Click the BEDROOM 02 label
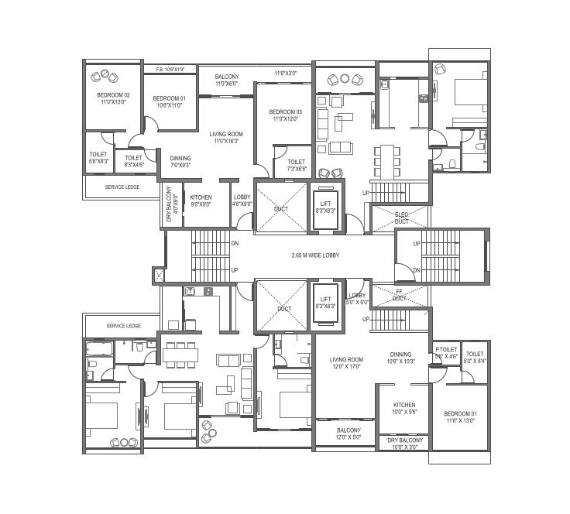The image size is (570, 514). click(x=112, y=98)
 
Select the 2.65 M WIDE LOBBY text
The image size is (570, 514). click(x=315, y=255)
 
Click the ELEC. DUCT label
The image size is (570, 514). click(x=401, y=218)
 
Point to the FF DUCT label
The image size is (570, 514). click(x=399, y=294)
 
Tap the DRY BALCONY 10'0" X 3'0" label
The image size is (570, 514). click(x=403, y=444)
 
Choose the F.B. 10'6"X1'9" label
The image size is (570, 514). click(x=170, y=70)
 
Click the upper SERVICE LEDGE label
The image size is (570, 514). click(x=122, y=187)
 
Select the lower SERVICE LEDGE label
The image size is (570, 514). click(x=122, y=326)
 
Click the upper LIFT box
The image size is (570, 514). click(x=326, y=207)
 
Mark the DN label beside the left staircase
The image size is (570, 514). click(x=235, y=243)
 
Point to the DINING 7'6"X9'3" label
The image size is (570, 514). click(x=180, y=161)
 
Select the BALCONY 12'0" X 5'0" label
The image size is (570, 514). click(x=349, y=434)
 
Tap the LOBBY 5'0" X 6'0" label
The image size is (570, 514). click(x=357, y=299)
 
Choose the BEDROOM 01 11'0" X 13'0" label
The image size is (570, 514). click(x=461, y=417)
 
